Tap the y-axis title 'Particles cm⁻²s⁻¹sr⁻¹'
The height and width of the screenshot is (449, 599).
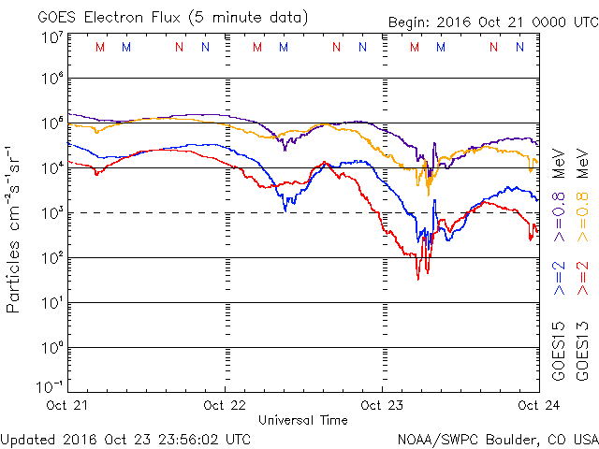(x=16, y=228)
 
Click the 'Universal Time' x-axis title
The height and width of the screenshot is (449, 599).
(x=303, y=420)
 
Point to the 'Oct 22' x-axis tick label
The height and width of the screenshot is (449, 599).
(x=225, y=405)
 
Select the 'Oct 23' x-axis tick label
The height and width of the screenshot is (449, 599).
(x=382, y=405)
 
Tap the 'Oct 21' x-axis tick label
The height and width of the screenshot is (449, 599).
(x=67, y=405)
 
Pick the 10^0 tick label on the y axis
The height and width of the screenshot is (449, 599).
(x=52, y=348)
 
